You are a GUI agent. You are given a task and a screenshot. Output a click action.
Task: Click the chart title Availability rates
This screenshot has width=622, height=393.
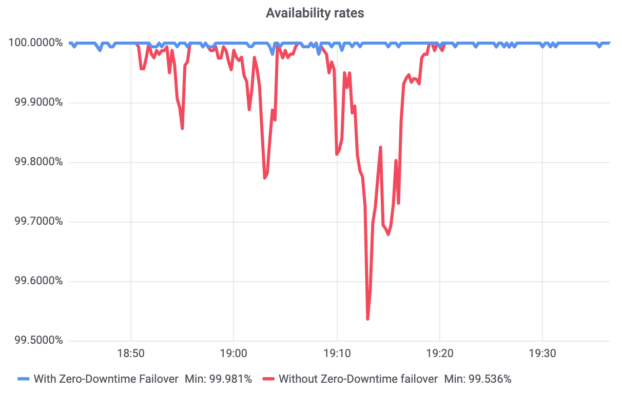coord(315,13)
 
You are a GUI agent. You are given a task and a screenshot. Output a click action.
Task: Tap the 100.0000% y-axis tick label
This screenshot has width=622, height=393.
coord(35,43)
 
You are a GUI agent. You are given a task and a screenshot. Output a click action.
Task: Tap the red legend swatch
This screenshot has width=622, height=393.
coord(269,379)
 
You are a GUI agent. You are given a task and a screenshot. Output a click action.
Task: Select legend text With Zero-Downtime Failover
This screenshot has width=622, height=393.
coord(106,379)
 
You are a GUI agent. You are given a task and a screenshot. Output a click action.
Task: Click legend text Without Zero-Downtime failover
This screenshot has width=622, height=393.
coord(358,379)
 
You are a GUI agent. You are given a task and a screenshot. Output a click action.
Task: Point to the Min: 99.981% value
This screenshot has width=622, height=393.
coord(218,379)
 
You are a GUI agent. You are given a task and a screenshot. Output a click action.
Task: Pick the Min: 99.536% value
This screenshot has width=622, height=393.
coord(478,379)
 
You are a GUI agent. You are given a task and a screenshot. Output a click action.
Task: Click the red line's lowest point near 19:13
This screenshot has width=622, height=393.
coord(367,319)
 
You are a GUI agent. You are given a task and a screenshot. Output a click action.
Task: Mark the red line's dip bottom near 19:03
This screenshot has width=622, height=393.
coord(264,178)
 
